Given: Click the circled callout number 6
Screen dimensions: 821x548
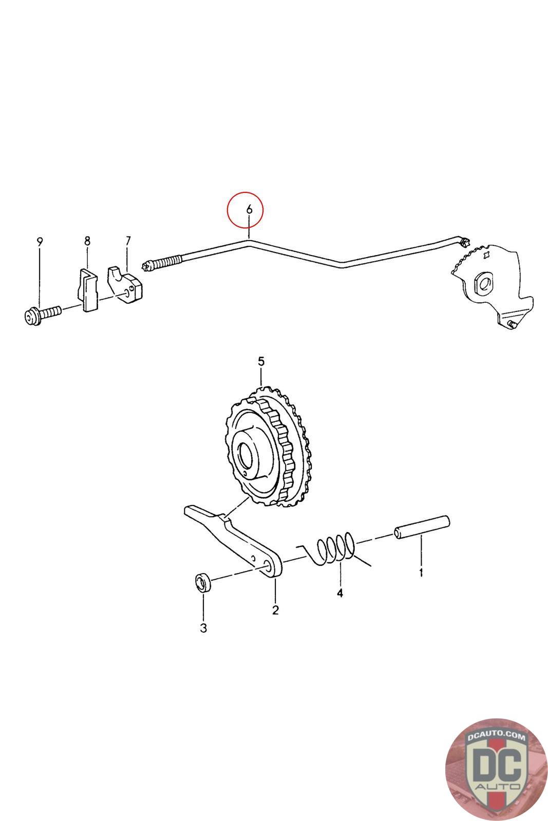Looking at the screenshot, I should pos(249,209).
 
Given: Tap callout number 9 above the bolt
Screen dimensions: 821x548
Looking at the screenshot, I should pos(40,241).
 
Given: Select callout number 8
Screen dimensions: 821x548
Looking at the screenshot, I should pos(87,240).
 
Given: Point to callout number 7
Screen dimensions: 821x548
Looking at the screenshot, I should pos(128,240).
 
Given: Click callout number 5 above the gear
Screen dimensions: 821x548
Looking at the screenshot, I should pos(261,362).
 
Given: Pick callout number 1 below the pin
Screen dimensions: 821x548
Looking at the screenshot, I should pos(421,572).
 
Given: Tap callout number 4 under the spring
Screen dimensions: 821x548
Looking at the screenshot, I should pos(339,593).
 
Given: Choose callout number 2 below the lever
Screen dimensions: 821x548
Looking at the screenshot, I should pos(275,610).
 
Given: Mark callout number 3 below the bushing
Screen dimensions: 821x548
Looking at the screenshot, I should pos(203,628).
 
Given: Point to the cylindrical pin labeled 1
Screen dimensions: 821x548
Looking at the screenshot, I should pos(422,527).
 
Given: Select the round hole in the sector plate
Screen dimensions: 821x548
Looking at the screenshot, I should pos(483,283).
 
